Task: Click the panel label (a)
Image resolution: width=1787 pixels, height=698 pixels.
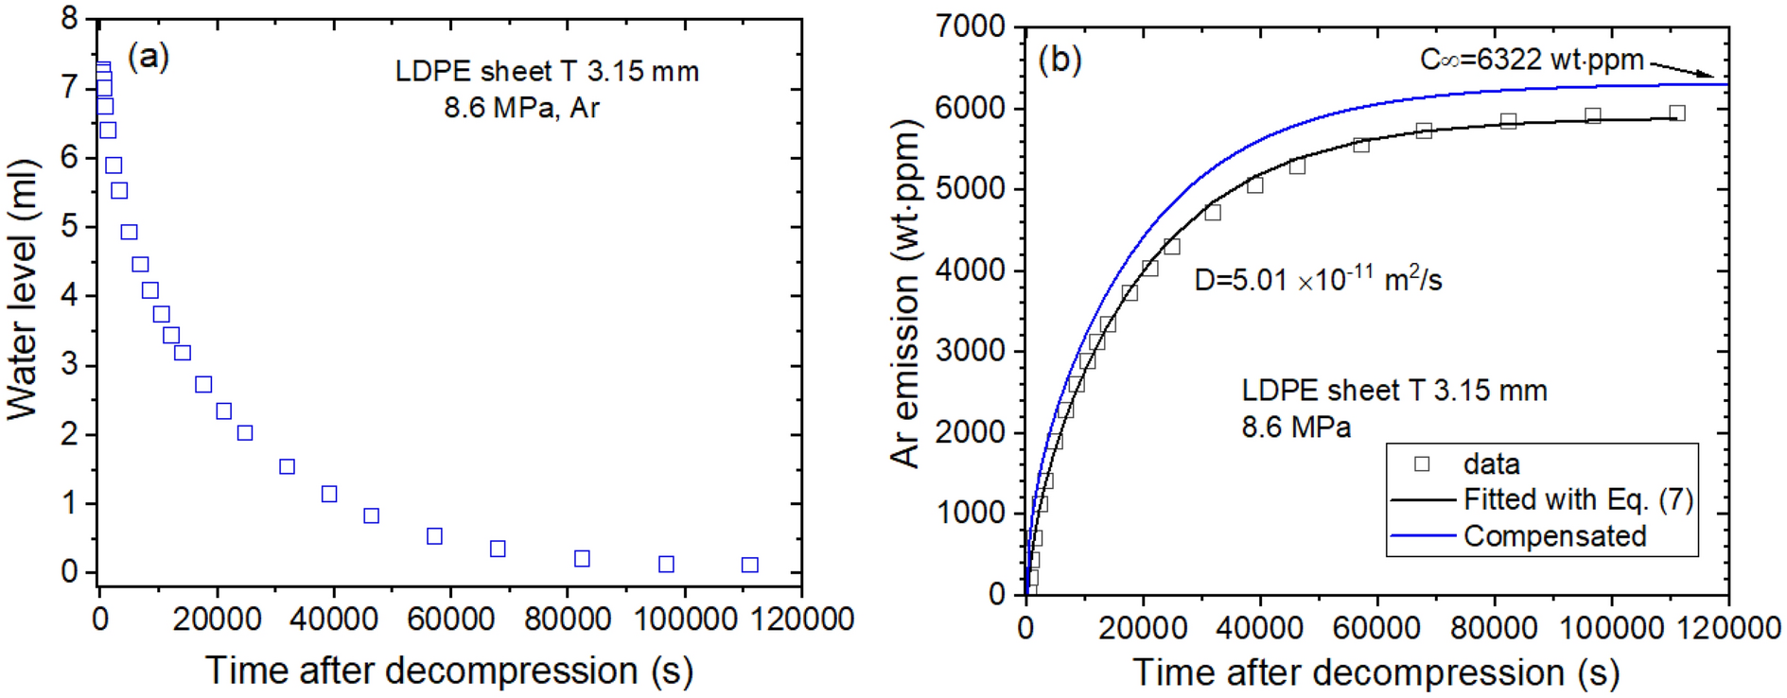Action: tap(149, 57)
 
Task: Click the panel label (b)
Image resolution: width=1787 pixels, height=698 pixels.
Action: tap(1060, 60)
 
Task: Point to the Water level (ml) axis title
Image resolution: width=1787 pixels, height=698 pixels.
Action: tap(23, 288)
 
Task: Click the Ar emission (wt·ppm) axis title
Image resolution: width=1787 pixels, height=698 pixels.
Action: tap(905, 294)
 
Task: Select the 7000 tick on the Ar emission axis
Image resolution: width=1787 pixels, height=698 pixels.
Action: tap(971, 26)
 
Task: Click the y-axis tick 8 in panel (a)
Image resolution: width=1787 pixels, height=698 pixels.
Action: tap(70, 18)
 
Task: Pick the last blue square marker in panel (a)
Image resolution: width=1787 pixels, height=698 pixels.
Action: tap(749, 565)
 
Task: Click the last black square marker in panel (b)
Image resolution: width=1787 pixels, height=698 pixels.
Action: tap(1676, 113)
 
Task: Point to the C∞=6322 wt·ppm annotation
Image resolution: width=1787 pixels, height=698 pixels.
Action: tap(1532, 60)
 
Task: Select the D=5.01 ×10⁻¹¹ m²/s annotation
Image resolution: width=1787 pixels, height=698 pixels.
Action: tap(1318, 280)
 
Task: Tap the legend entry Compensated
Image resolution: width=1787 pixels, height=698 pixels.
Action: tap(1554, 536)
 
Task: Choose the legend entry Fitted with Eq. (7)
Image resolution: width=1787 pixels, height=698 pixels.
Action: tap(1578, 499)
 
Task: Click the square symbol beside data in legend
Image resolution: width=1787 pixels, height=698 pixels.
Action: tap(1421, 463)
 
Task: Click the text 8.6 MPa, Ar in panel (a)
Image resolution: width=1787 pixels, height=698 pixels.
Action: tap(521, 108)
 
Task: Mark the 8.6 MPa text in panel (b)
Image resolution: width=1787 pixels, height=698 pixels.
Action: tap(1296, 428)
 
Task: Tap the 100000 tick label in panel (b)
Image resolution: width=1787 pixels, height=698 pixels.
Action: tap(1611, 628)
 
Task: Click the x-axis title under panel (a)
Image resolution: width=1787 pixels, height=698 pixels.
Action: tap(449, 671)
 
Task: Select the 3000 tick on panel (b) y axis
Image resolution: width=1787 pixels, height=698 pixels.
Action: tap(971, 351)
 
